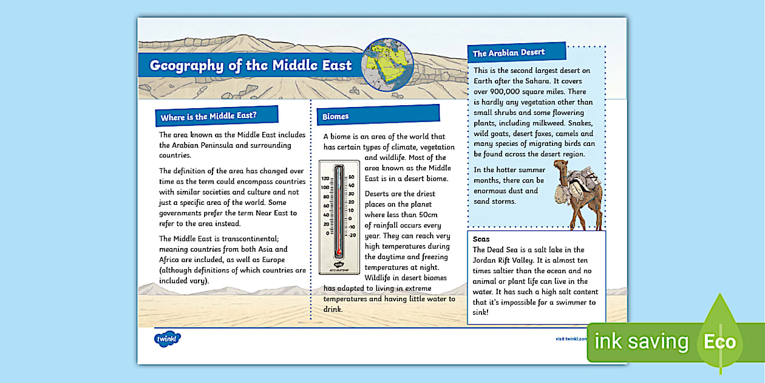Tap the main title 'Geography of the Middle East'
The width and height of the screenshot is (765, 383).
coord(250,66)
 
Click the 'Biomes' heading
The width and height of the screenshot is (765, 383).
coord(336,116)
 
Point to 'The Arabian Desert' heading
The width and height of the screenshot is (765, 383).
coord(509,52)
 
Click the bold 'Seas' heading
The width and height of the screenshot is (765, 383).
coord(481,239)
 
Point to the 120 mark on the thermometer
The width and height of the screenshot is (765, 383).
coord(325,179)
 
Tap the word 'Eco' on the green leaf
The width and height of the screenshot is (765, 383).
coord(719,342)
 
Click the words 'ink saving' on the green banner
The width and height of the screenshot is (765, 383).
coord(642,342)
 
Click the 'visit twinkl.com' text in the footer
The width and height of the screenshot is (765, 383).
coord(571,339)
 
